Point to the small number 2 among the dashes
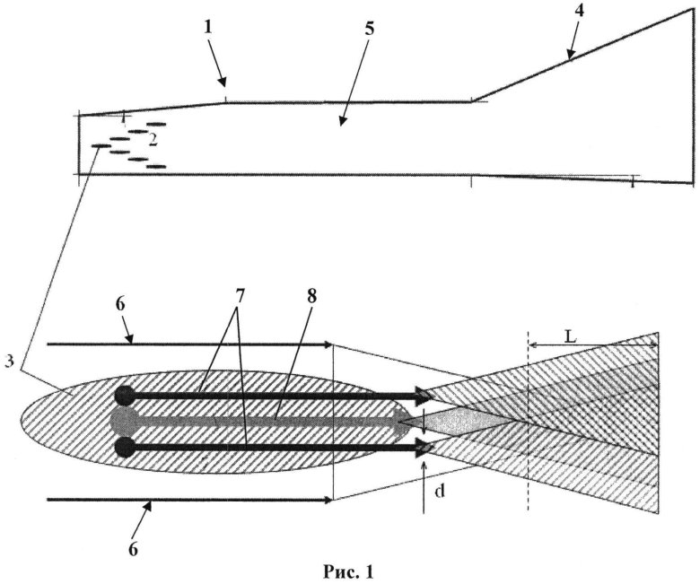153,139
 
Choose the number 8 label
311,295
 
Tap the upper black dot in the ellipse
125,394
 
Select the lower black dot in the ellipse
125,445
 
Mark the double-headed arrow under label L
592,344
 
